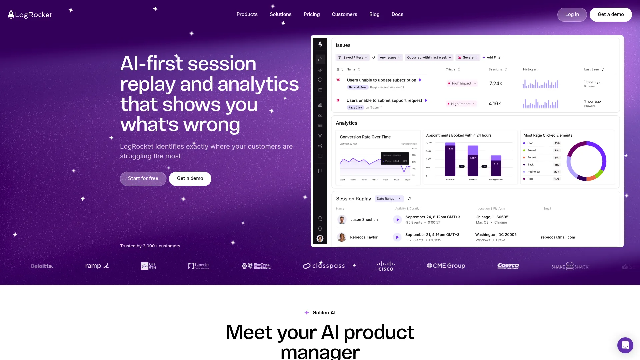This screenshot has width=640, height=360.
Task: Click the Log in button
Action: pos(572,15)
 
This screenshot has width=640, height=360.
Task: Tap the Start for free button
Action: pos(143,179)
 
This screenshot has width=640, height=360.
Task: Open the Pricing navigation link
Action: pos(312,14)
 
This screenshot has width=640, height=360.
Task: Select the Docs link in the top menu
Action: pos(397,14)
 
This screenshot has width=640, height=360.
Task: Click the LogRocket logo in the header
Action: pos(30,15)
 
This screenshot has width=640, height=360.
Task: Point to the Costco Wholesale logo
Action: pos(508,266)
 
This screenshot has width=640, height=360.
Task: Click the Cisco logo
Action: pos(386,266)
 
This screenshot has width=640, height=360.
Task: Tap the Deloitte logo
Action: pos(42,266)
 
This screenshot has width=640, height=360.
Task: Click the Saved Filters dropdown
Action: pos(353,58)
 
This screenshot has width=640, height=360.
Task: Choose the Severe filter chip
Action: pos(468,58)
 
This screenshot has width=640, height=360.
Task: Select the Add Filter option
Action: pos(492,58)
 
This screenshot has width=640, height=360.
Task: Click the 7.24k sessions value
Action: pos(496,84)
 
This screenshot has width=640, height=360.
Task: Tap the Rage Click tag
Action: pos(355,108)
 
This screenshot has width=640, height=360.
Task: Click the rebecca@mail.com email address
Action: pos(558,237)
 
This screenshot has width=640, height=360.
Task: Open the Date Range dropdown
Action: pos(389,199)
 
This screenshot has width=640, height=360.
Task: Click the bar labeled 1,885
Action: pos(450,160)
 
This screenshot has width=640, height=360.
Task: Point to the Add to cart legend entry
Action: pos(534,172)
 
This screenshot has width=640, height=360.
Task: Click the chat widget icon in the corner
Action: pos(625,345)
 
